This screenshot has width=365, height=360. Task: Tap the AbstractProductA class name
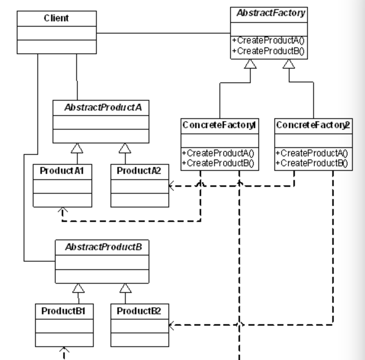coord(101,107)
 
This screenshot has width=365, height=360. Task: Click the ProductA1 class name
coord(62,170)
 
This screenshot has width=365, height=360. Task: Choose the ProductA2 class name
coord(139,170)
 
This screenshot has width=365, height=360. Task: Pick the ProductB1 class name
coord(63,310)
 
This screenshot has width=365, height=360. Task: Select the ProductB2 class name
coord(139,310)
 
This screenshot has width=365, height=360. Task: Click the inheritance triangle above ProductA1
coord(77,148)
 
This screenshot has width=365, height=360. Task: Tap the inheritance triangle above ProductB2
coord(125,287)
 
